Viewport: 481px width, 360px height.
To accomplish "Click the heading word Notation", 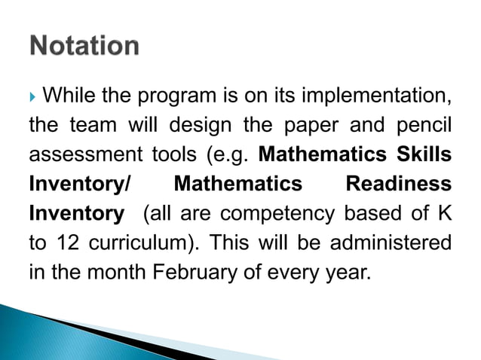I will tap(84, 45).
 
